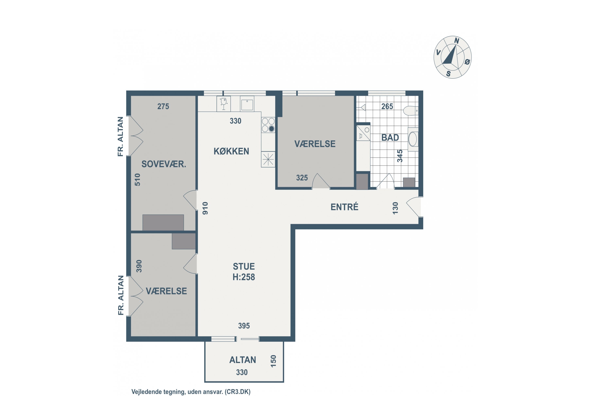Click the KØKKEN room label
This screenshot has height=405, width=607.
[231, 151]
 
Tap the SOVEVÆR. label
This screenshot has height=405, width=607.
[164, 164]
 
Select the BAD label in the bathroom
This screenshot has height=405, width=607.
[390, 138]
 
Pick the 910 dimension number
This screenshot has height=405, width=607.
[205, 208]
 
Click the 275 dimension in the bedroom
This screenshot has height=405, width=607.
[163, 107]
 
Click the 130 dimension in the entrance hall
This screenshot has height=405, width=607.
[395, 208]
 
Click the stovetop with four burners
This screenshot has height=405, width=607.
[268, 125]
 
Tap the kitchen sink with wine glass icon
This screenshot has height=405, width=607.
[224, 104]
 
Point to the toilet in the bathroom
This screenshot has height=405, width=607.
[411, 111]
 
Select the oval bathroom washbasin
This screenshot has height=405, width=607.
[413, 139]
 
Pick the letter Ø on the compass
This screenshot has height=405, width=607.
[467, 62]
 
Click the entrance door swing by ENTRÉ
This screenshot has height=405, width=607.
[413, 207]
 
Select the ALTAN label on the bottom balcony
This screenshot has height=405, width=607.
[243, 360]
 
